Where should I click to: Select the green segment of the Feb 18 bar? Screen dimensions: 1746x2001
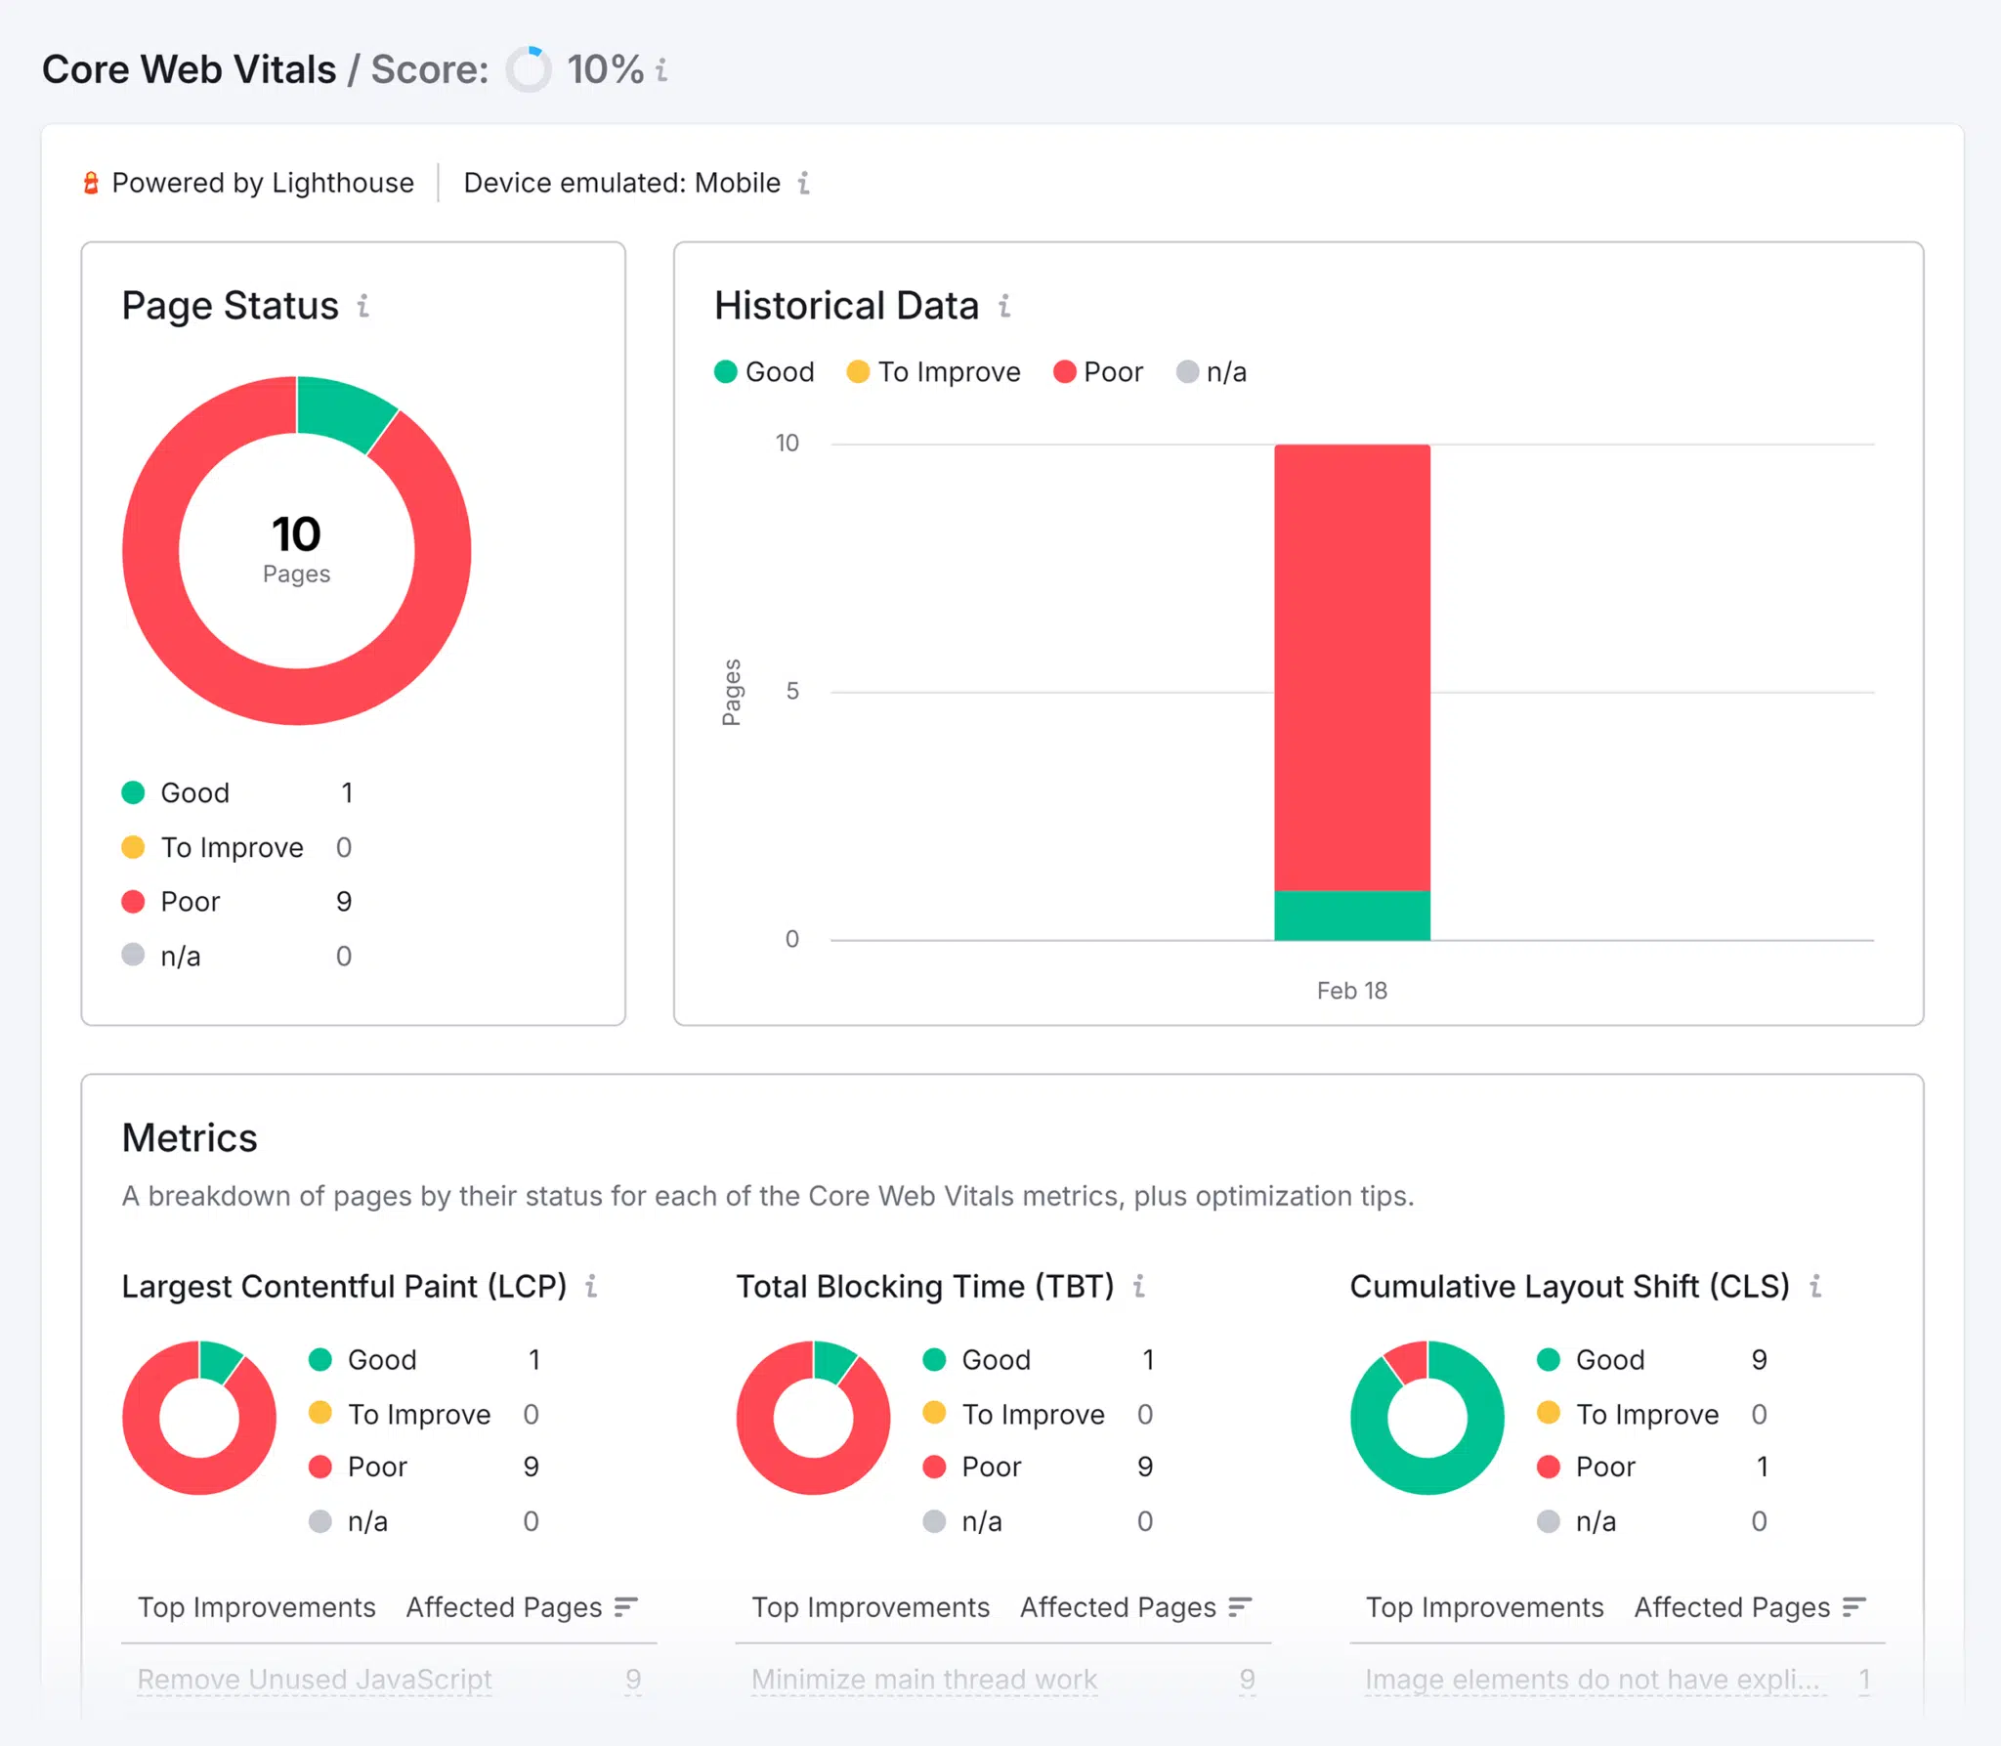click(1351, 916)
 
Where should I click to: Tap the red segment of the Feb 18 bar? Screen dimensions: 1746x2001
click(1351, 664)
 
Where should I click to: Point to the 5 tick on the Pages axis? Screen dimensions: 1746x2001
click(792, 692)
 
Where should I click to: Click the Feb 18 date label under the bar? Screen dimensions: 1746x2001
click(1351, 991)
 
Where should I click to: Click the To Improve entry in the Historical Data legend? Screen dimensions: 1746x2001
click(934, 372)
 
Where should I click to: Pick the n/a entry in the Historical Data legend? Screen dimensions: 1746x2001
click(1212, 372)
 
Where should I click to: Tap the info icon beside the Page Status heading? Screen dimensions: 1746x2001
click(363, 306)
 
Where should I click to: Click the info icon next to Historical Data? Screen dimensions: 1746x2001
click(1004, 306)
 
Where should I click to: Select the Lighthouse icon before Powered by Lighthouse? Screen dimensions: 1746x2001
click(91, 183)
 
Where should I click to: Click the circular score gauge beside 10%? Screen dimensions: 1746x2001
click(529, 69)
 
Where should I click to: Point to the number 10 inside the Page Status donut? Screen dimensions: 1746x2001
click(296, 534)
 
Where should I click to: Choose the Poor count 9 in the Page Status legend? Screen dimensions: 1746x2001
click(344, 902)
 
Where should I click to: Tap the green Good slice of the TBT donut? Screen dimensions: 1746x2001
click(832, 1361)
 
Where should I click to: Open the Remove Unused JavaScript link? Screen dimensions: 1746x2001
click(315, 1680)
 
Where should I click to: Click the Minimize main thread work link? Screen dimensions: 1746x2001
click(924, 1680)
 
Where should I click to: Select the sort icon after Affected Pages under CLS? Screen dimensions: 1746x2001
click(1853, 1607)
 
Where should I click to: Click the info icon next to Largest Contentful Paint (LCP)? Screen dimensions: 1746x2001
click(591, 1287)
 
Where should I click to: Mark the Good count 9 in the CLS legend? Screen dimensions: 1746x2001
click(1759, 1360)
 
